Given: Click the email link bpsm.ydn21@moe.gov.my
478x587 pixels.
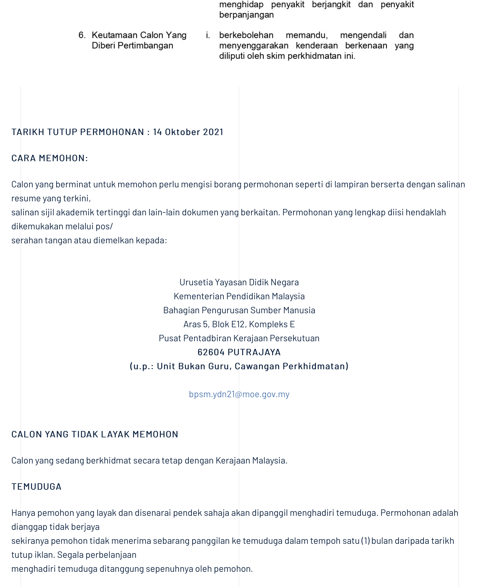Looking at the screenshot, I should click(239, 394).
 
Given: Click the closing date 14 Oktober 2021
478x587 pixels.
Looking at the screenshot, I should click(188, 132).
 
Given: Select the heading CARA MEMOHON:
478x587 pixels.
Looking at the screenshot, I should click(50, 158).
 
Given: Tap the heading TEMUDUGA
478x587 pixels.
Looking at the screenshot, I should click(36, 487).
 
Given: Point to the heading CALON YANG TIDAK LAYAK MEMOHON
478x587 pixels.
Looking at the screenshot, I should click(95, 434).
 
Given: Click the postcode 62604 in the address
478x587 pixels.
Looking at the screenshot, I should click(211, 352).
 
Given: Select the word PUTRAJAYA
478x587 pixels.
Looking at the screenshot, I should click(254, 352).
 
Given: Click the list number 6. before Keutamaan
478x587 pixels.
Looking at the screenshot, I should click(82, 35).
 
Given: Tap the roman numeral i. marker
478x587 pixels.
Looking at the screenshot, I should click(208, 35).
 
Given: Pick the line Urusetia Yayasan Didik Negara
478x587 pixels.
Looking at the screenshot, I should click(239, 282).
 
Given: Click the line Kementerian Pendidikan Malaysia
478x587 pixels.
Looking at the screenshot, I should click(239, 296).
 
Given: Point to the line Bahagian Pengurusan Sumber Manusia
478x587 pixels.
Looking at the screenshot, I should click(239, 310).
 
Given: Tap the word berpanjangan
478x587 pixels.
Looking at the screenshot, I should click(246, 15).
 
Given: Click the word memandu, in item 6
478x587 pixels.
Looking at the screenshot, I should click(307, 35).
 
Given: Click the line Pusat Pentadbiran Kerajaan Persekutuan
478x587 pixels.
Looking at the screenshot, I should click(239, 338).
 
